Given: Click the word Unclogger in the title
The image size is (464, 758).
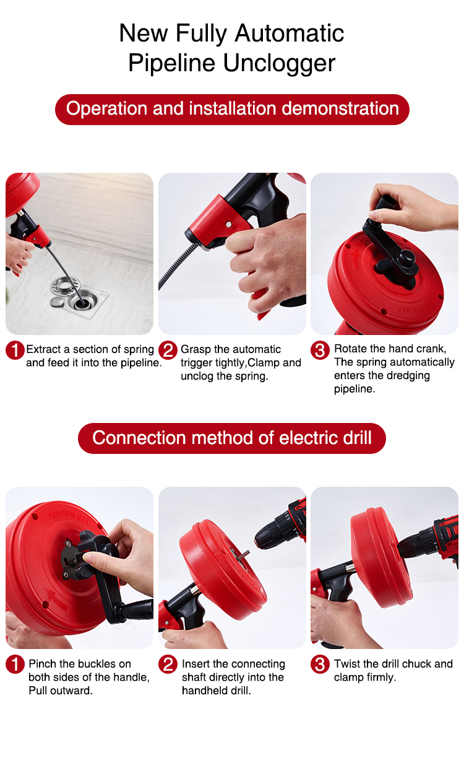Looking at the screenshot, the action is [279, 64].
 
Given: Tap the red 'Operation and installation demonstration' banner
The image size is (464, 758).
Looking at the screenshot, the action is [232, 109].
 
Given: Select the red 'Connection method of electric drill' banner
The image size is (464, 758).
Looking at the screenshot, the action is [232, 438].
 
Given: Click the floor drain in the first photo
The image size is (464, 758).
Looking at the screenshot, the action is [81, 297].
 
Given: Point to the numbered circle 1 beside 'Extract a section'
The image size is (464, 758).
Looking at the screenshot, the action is [15, 350].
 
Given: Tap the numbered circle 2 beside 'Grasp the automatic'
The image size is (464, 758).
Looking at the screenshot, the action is [168, 350].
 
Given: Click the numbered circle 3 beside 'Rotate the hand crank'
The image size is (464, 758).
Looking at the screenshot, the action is [320, 350].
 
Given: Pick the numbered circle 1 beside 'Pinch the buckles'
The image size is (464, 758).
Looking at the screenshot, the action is [15, 664].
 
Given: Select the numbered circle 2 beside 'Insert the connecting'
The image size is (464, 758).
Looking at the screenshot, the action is [168, 664].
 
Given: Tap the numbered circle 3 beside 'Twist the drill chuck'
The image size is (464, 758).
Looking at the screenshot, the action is [320, 664].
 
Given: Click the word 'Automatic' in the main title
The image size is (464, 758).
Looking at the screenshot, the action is [290, 33].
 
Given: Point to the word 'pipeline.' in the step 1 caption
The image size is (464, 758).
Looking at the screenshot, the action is [141, 363].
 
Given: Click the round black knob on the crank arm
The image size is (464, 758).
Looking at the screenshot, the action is [405, 259].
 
